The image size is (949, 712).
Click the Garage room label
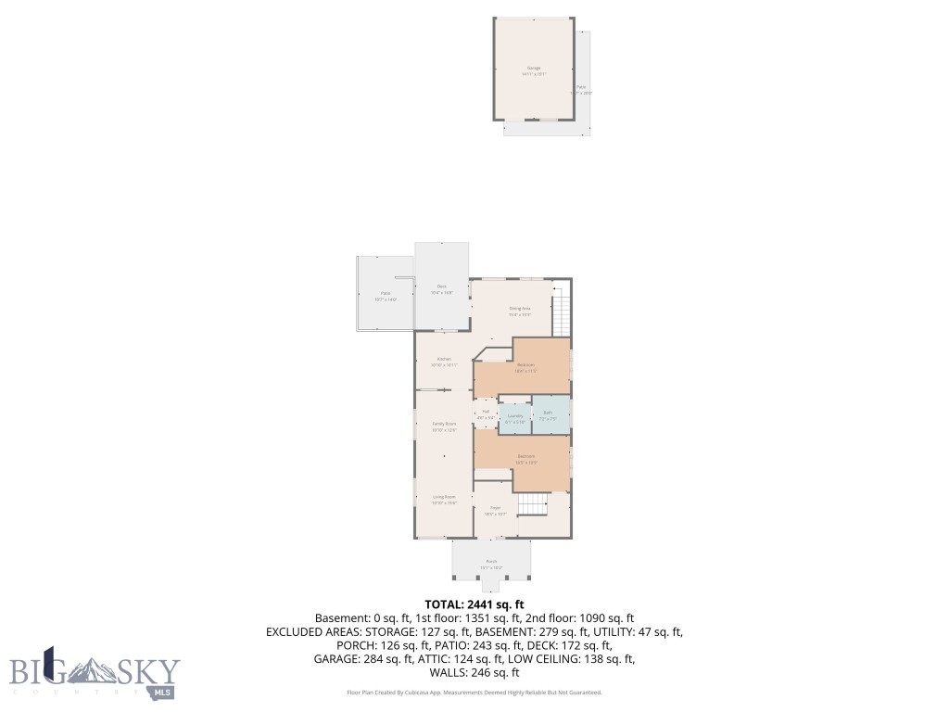tap(534, 70)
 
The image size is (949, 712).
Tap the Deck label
tap(444, 288)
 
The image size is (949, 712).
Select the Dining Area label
tap(519, 311)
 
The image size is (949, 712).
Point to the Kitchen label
tap(444, 362)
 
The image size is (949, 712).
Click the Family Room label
tap(444, 426)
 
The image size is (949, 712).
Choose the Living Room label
tap(444, 500)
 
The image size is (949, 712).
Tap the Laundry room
tap(514, 418)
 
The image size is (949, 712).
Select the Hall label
tap(486, 414)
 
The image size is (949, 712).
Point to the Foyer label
tap(496, 510)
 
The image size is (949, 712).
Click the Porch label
tap(491, 564)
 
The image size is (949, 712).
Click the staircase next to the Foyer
tap(533, 504)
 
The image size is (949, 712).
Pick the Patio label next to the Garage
tap(581, 89)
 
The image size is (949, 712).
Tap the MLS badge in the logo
tap(163, 693)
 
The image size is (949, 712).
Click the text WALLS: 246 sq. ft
tap(474, 673)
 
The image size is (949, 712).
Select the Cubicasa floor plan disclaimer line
tap(474, 693)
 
